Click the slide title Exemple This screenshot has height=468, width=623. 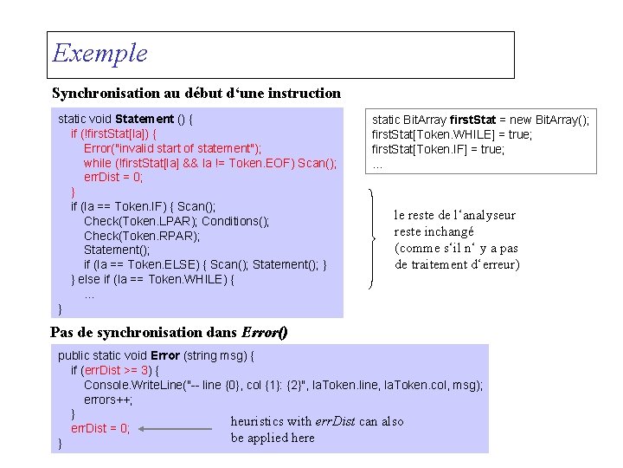(x=100, y=54)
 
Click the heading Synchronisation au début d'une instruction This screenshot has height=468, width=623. (x=196, y=93)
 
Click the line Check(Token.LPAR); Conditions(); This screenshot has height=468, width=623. (x=177, y=221)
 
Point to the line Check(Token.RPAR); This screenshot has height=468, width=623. (x=142, y=236)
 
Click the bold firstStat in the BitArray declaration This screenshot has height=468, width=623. (x=474, y=120)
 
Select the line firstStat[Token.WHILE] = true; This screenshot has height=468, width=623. (x=452, y=134)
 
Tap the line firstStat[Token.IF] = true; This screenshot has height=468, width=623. (x=439, y=149)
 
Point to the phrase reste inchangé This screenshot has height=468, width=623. (x=434, y=231)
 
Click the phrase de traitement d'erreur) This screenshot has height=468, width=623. (x=457, y=264)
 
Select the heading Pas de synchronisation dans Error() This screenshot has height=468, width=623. (x=170, y=333)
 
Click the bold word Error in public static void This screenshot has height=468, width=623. (x=165, y=355)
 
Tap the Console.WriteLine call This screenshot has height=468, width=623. (x=283, y=385)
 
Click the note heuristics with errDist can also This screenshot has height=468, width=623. (x=317, y=421)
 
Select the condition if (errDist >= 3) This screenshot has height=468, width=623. (x=114, y=370)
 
